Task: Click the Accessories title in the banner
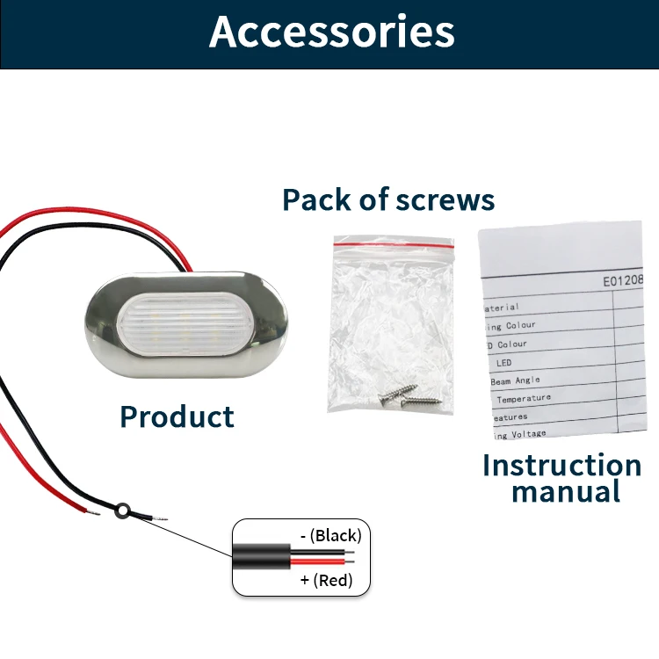coord(332,33)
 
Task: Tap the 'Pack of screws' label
coord(388,199)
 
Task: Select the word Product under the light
coord(177,416)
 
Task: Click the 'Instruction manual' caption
coord(562,477)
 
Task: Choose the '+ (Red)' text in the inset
coord(326,580)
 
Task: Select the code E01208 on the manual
coord(623,281)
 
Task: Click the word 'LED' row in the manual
coord(505,362)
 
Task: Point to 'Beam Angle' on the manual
coord(516,380)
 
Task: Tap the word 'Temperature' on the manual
coord(524,399)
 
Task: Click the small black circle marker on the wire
coord(125,508)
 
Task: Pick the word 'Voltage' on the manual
coord(526,434)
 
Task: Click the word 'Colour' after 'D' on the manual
coord(512,344)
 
